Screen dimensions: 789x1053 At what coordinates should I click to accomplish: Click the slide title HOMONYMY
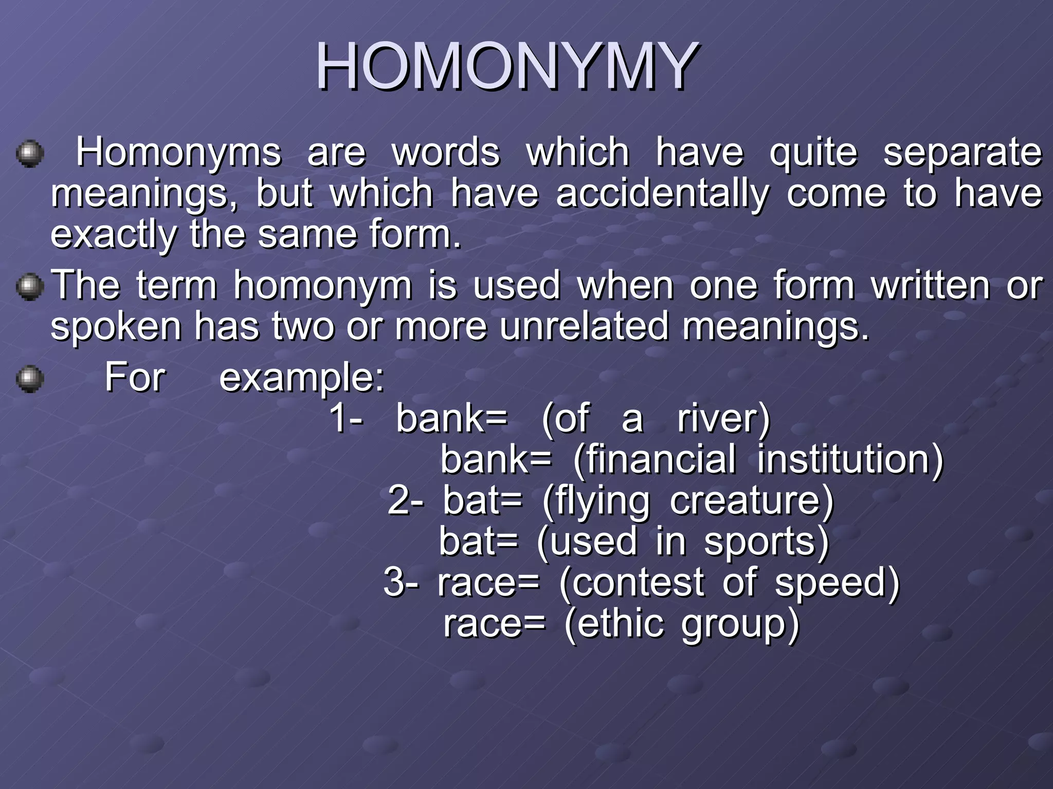click(506, 66)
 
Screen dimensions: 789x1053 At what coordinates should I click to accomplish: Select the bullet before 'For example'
click(30, 379)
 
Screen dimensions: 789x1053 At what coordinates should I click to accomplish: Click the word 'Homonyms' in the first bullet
click(178, 153)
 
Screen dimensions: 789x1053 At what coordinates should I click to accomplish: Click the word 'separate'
click(962, 153)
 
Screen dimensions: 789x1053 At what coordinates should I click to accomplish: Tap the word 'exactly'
click(114, 235)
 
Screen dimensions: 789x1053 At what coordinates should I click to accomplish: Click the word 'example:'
click(302, 378)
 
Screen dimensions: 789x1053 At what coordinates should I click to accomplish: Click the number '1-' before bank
click(346, 418)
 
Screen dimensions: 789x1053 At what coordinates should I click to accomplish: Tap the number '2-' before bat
click(406, 500)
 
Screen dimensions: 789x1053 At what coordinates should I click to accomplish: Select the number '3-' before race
click(401, 583)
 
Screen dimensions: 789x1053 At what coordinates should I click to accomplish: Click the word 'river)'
click(723, 419)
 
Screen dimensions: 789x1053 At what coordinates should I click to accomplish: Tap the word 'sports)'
click(767, 542)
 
